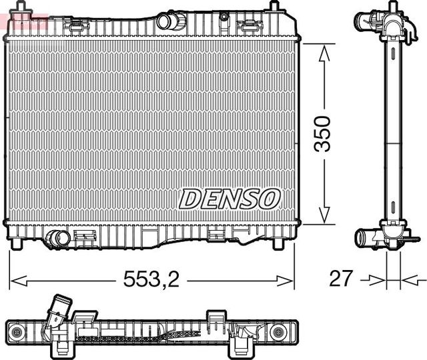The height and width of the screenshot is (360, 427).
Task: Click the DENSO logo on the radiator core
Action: point(230,198)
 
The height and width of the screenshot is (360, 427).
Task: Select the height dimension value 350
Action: point(323,133)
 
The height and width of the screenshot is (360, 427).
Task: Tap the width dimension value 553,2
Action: point(151,281)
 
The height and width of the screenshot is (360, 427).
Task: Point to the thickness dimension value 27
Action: point(342,279)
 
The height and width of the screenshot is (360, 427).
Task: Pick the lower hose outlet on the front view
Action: point(59,239)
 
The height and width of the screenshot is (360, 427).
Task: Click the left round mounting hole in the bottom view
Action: point(18,331)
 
